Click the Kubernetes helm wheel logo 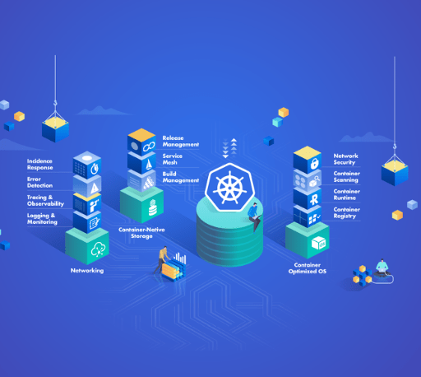[x=229, y=188]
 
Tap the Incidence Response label [x=39, y=165]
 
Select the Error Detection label [x=39, y=183]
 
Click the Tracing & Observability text [x=45, y=201]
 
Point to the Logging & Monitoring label [x=42, y=219]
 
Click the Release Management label [x=181, y=142]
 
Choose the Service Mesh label [x=172, y=159]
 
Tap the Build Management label [x=181, y=177]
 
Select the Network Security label [x=345, y=159]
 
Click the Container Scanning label [x=347, y=177]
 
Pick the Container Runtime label [x=347, y=194]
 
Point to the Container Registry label [x=347, y=212]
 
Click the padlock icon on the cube [x=314, y=164]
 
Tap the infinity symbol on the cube [x=149, y=147]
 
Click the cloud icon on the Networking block [x=98, y=249]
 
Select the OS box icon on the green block [x=319, y=243]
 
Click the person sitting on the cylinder [x=255, y=216]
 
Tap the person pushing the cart [x=162, y=259]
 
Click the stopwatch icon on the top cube [x=95, y=169]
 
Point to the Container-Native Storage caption [x=141, y=233]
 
